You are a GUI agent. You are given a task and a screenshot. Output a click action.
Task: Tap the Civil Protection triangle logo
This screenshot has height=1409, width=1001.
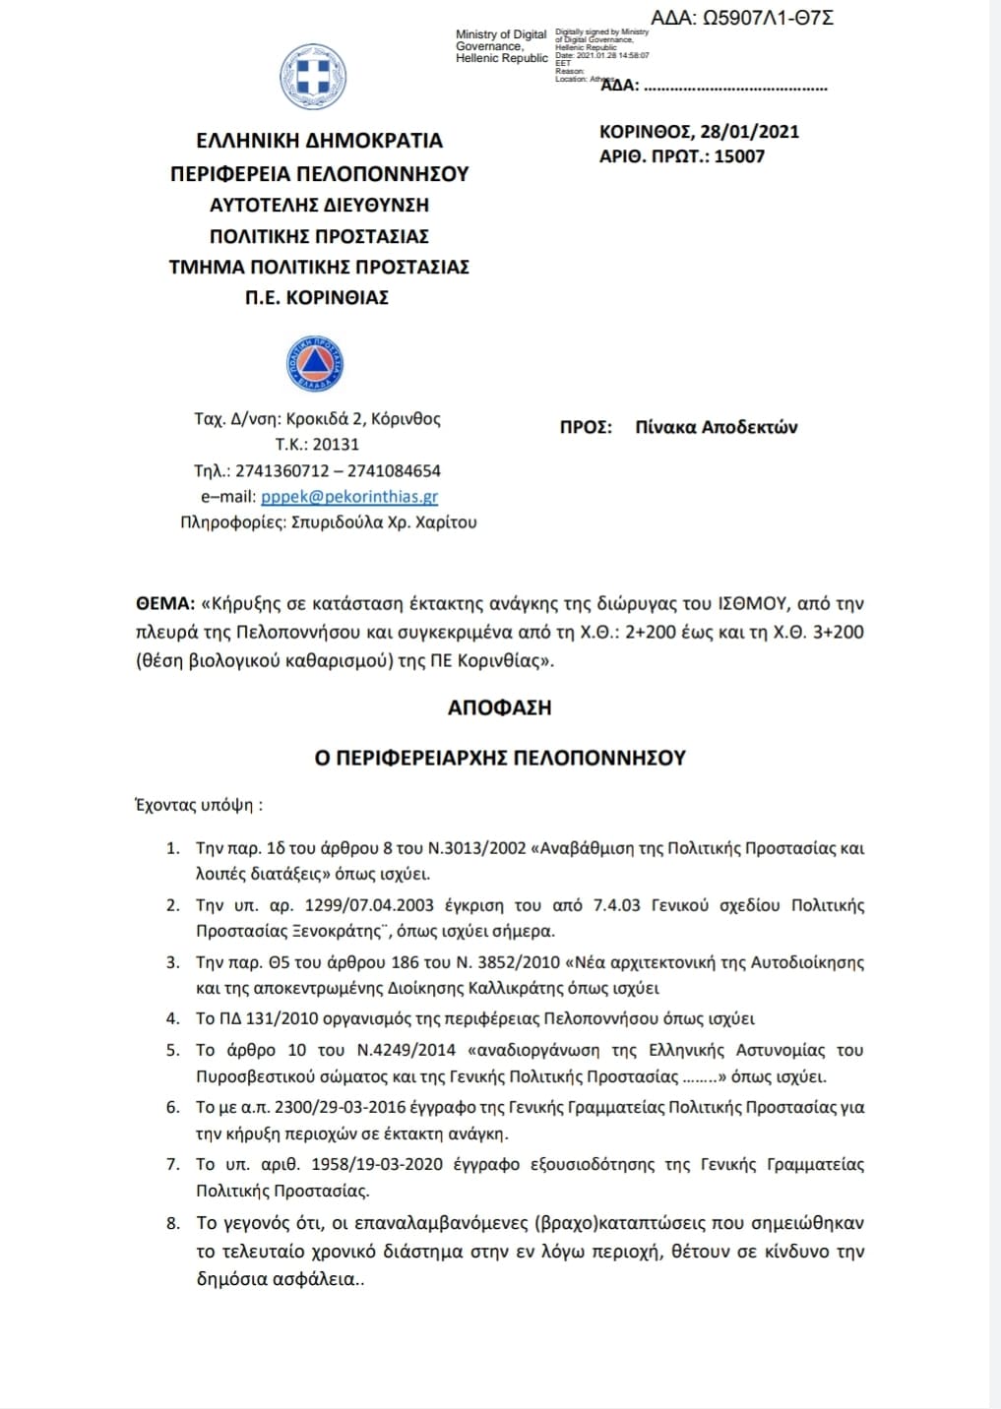tap(315, 364)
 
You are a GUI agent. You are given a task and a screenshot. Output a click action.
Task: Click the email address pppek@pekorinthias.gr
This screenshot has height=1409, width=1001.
tap(349, 497)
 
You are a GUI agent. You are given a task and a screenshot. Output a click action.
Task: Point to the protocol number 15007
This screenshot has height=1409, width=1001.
tap(738, 156)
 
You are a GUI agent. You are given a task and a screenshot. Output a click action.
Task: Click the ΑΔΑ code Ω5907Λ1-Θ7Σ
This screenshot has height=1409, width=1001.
tap(768, 18)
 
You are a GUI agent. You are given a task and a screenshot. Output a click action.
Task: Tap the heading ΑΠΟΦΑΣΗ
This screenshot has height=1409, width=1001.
tap(499, 707)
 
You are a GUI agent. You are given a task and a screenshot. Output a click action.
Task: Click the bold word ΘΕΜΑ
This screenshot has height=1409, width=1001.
tap(163, 603)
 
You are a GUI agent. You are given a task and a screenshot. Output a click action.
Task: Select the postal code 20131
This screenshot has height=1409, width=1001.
tap(336, 445)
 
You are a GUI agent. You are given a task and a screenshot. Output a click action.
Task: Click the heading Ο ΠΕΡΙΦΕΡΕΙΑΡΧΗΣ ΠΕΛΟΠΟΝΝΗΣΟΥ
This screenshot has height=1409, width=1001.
tap(499, 758)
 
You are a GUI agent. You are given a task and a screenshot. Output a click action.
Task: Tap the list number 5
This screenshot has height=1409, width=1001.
tap(172, 1051)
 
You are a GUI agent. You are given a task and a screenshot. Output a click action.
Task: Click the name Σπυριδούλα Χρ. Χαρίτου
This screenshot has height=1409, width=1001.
tap(384, 522)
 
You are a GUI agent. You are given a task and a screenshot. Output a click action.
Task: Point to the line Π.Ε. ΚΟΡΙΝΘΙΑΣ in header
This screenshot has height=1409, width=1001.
tap(317, 297)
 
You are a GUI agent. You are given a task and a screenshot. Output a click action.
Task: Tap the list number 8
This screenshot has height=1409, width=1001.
tap(172, 1223)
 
